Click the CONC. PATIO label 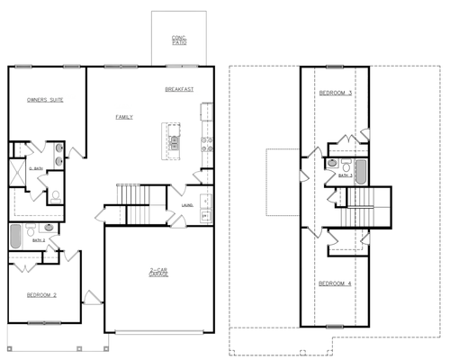178,40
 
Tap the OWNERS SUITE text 44,100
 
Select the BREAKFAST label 180,90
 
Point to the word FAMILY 124,118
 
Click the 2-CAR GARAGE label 159,272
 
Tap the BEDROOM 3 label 335,94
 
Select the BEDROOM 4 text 335,283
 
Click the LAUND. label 187,204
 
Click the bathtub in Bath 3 361,170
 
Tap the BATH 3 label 345,176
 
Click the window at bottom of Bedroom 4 335,324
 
